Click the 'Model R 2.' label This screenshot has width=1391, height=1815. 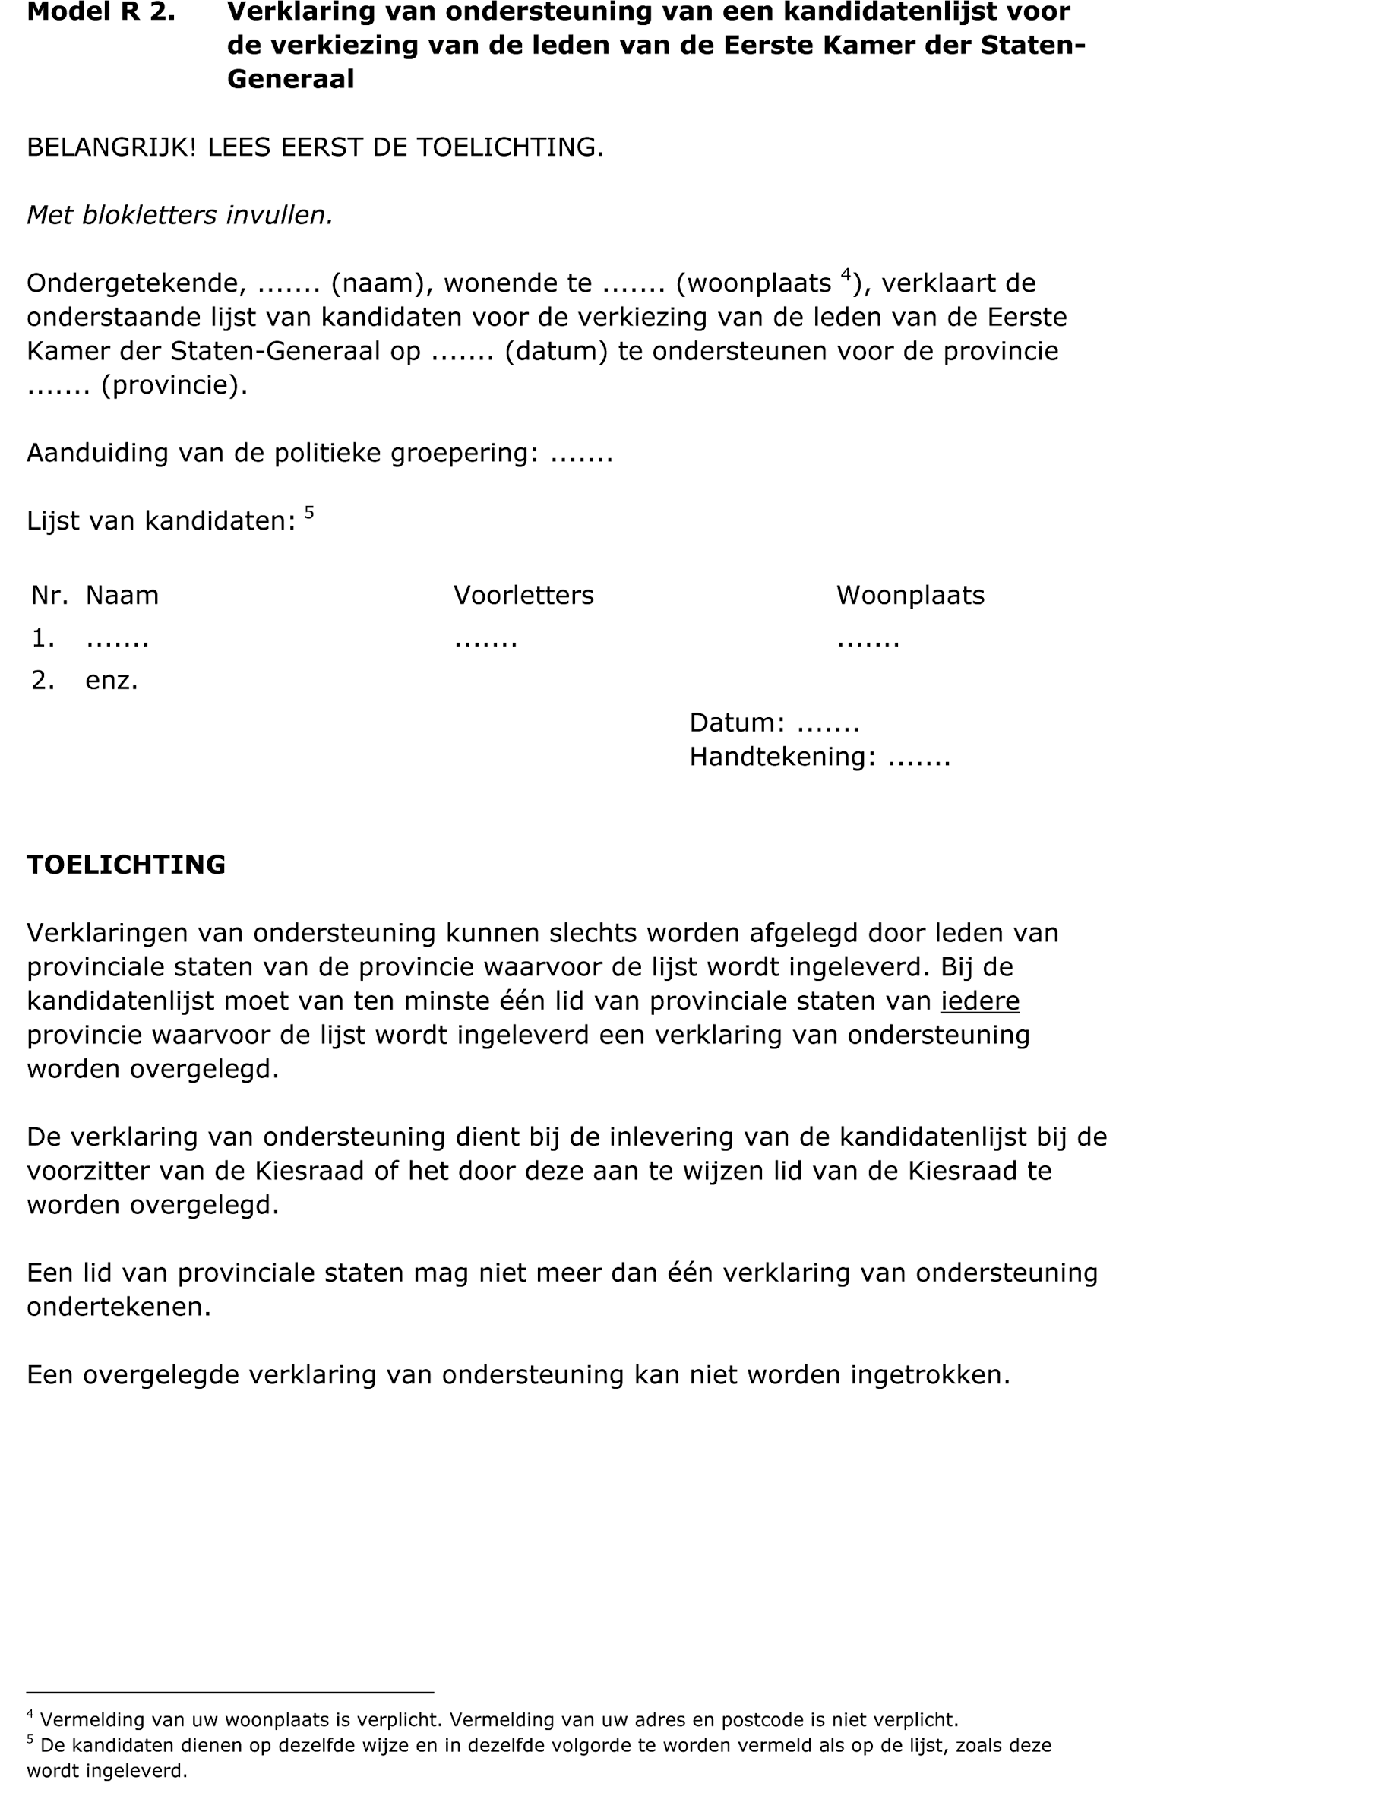click(100, 12)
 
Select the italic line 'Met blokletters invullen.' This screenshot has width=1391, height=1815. click(180, 215)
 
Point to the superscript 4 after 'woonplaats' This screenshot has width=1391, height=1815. click(846, 274)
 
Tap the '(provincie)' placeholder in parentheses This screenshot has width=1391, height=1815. click(174, 386)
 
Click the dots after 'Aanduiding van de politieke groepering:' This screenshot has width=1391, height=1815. click(581, 454)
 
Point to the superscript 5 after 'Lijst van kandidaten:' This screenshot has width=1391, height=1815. click(309, 513)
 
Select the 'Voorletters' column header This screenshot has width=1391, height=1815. click(523, 596)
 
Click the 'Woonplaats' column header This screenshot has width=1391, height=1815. click(910, 596)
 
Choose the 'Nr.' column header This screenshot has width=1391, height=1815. click(49, 596)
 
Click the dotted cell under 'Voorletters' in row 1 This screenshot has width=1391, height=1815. click(486, 639)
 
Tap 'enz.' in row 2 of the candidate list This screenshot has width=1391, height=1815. click(112, 681)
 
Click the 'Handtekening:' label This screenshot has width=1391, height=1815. click(782, 757)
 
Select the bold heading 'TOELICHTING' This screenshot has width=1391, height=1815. click(126, 865)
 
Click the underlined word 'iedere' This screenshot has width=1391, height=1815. click(979, 1002)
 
